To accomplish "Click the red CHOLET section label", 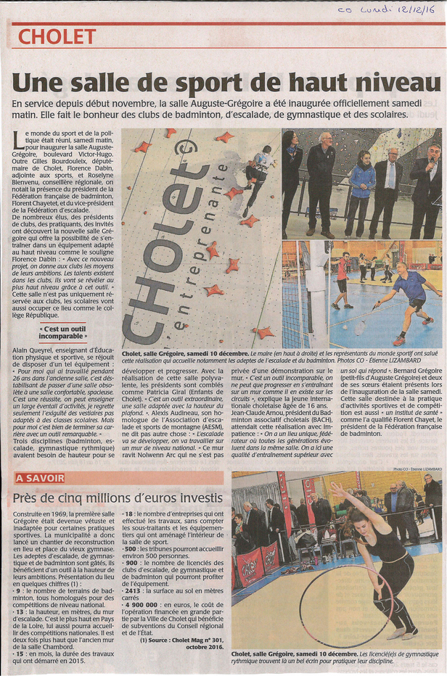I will (57, 36).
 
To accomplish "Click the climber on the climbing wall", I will (259, 174).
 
